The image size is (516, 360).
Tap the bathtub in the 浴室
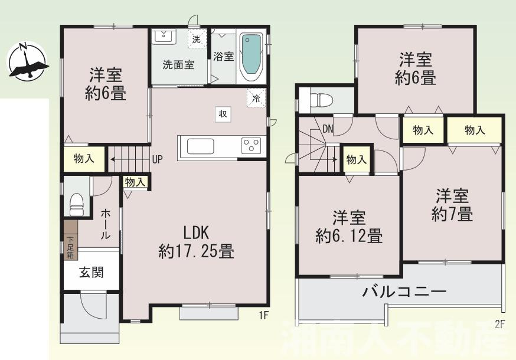click(251, 56)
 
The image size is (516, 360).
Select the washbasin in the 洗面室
click(162, 37)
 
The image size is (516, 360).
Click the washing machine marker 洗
click(197, 39)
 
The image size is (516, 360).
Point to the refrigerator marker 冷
click(256, 98)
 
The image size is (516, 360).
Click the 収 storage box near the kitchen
click(223, 114)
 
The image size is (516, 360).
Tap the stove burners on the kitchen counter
click(251, 145)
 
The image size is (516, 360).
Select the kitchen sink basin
click(200, 146)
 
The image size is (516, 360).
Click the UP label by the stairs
click(158, 158)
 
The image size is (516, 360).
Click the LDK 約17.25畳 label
click(196, 242)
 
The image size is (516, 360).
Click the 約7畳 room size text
click(452, 215)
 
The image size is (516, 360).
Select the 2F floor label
click(500, 324)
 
